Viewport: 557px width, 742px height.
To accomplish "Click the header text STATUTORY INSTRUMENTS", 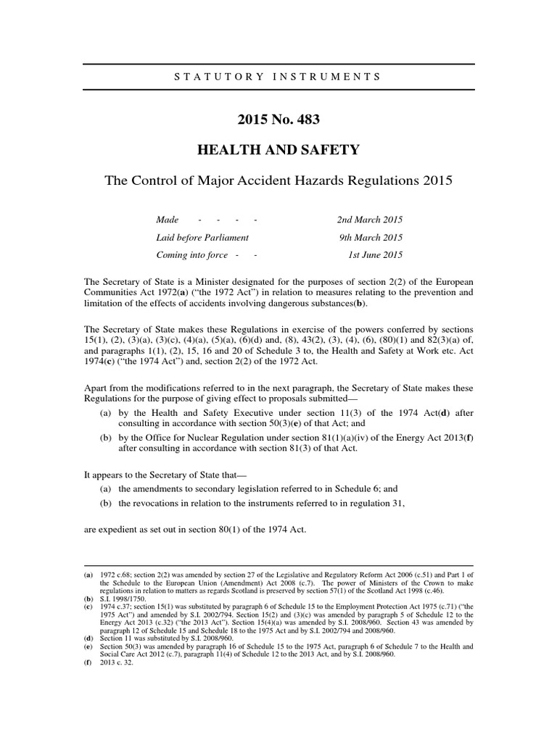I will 278,75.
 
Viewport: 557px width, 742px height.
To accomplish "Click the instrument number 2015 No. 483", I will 278,118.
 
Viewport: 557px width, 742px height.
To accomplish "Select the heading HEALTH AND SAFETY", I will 278,150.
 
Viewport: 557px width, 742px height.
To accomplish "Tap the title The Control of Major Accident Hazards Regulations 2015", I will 278,181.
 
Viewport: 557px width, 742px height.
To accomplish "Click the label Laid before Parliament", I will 202,238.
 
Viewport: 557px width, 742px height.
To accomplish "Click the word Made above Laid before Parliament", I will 168,220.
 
